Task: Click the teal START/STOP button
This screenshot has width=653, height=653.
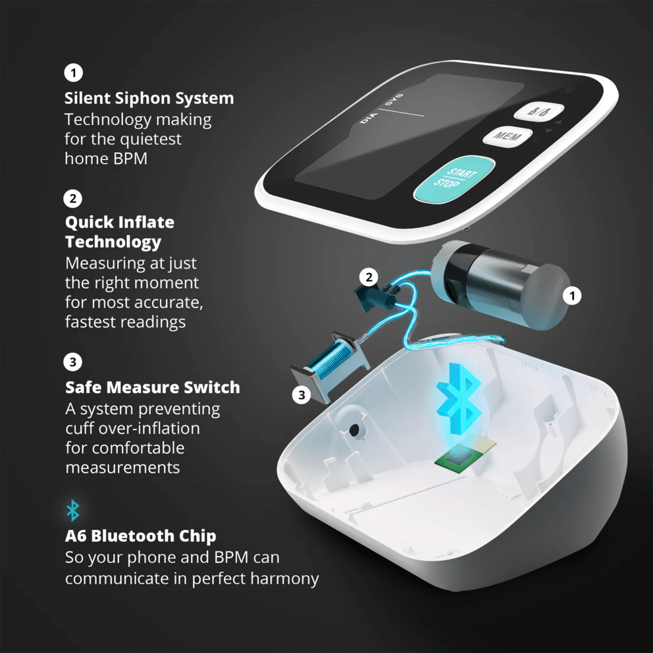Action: tap(454, 178)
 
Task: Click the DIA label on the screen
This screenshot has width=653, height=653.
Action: tap(368, 118)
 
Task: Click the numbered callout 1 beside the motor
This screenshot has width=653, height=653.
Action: tap(573, 296)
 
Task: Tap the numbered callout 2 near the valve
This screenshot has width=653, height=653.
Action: tap(369, 277)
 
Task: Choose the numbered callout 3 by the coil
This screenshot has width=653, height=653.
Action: tap(301, 395)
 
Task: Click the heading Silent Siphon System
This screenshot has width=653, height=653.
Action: tap(149, 98)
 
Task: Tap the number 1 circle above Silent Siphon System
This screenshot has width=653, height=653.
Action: tap(73, 72)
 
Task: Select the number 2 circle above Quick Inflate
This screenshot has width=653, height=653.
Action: tap(73, 198)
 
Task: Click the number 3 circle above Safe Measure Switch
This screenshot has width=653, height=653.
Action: tap(73, 361)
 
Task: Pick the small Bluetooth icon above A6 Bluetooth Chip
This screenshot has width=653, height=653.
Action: tap(73, 510)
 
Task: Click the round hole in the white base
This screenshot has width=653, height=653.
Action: tap(354, 429)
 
